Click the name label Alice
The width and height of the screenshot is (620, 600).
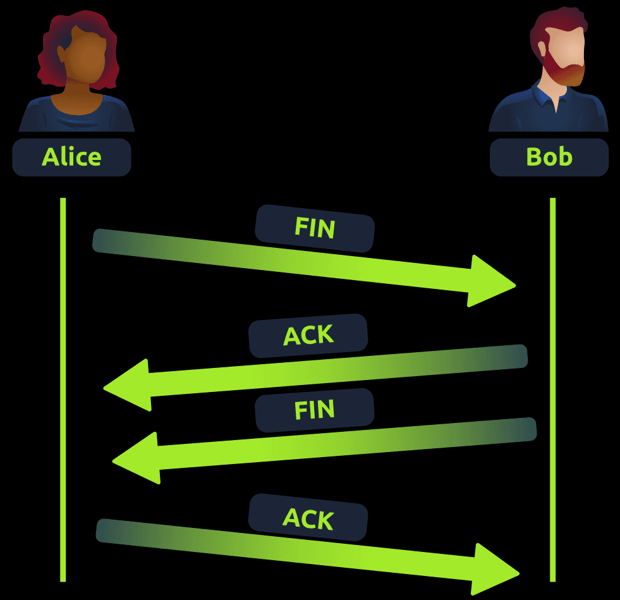71,157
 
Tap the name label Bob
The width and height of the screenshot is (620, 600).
549,157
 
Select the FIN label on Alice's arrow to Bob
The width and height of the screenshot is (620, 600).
314,228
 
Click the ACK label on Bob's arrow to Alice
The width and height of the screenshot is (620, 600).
308,336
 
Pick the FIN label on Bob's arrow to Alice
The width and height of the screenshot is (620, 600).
314,410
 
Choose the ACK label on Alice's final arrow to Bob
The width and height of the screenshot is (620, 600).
308,518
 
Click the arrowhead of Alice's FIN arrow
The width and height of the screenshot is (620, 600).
493,282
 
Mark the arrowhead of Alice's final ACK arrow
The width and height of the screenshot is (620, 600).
496,570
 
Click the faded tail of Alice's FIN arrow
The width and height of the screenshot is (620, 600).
111,242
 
